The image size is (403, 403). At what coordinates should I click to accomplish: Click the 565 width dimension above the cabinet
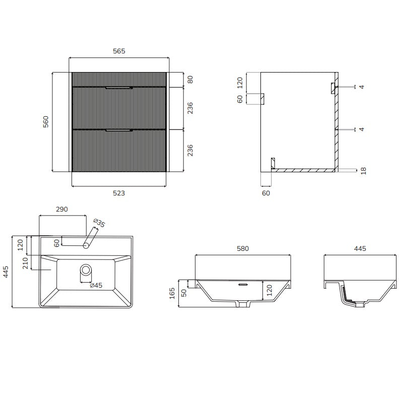119,51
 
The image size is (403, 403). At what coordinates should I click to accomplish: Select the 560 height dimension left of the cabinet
46,122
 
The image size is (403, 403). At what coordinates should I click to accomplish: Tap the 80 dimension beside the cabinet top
190,80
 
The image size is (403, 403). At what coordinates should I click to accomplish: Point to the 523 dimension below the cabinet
119,193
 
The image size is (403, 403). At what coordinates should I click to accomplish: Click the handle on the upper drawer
119,88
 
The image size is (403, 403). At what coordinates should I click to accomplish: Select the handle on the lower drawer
119,130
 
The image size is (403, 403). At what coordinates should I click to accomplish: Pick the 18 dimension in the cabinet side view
363,171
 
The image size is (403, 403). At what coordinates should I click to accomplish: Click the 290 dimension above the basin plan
62,209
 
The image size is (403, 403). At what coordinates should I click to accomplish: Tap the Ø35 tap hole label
99,223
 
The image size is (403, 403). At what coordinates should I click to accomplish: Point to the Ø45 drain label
96,285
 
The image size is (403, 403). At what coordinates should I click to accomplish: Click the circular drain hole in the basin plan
86,270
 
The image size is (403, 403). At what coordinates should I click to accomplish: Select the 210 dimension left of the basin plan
25,263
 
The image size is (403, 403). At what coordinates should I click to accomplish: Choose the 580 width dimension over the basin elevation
243,248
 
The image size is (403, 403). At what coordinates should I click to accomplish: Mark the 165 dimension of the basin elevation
172,293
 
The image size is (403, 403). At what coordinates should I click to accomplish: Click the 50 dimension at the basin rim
184,293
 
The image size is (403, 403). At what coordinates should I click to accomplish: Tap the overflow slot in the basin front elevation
243,285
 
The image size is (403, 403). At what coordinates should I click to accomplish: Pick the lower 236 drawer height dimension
190,150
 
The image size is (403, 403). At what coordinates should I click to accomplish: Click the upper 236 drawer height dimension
190,108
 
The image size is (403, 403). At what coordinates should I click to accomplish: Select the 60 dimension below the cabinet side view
266,193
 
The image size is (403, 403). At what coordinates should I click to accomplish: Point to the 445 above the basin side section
360,248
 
